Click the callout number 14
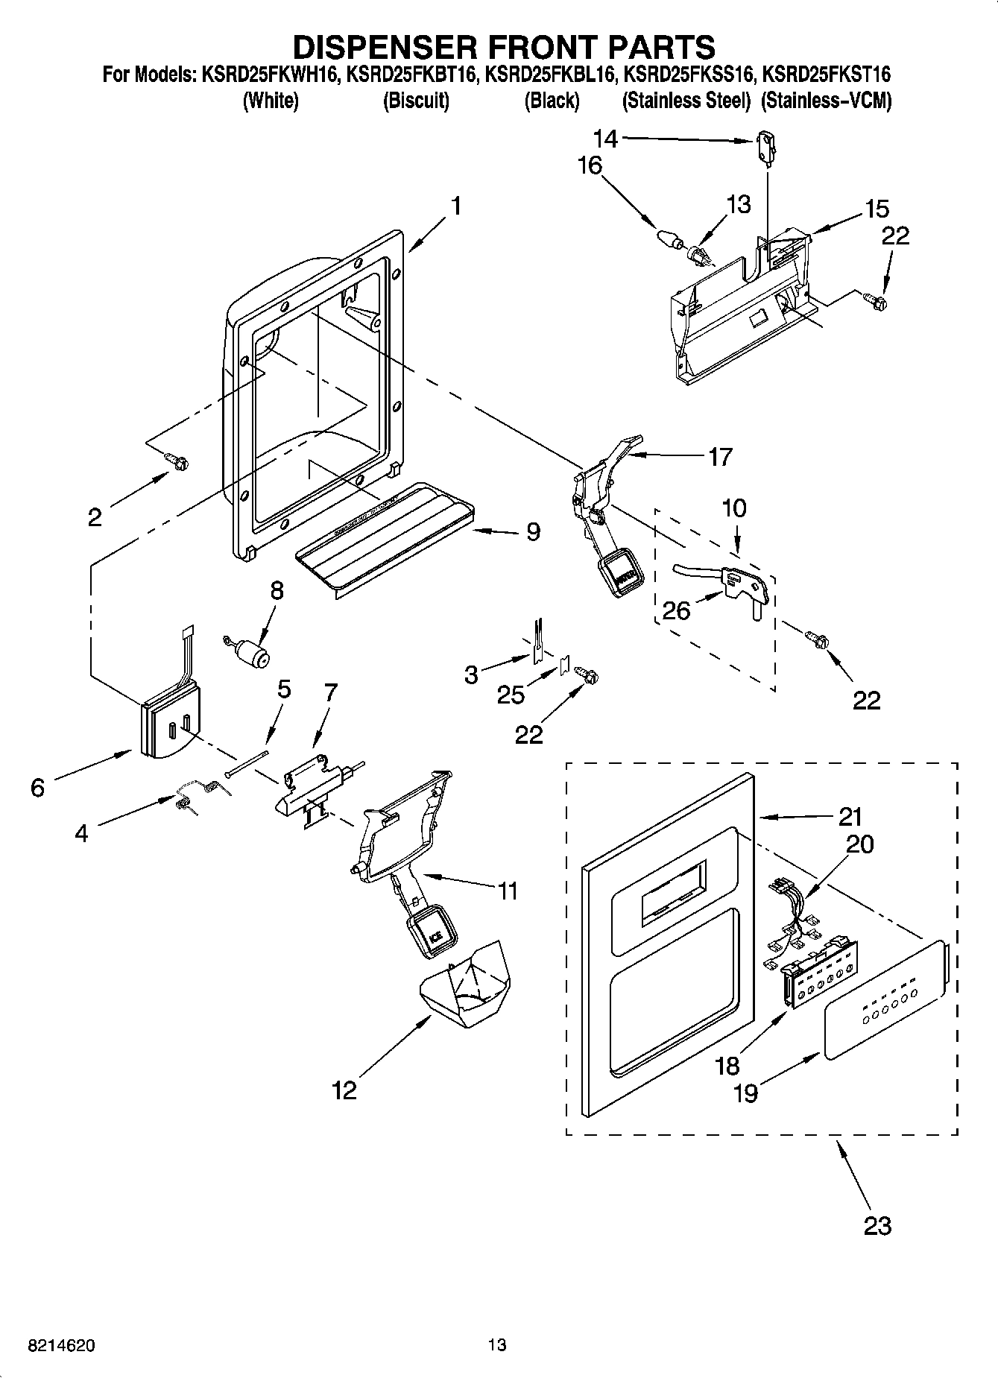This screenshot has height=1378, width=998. (x=605, y=139)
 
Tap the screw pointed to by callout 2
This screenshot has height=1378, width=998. (x=178, y=463)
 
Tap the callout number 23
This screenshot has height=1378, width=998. (x=877, y=1225)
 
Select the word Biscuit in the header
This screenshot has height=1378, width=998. (x=416, y=101)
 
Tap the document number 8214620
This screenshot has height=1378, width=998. (x=61, y=1345)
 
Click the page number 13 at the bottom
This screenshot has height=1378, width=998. (x=497, y=1345)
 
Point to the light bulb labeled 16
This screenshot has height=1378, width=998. (x=672, y=240)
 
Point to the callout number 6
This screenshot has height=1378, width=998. (x=38, y=787)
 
